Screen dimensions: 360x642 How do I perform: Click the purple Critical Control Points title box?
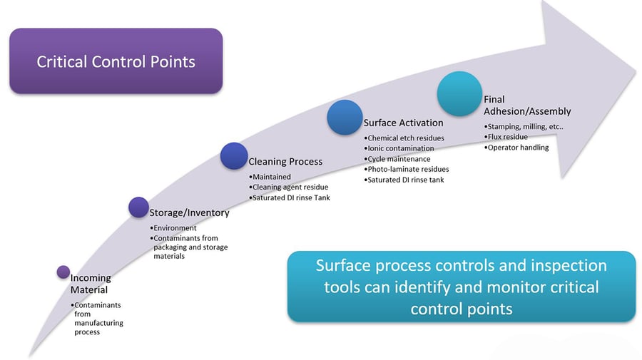[x=116, y=61]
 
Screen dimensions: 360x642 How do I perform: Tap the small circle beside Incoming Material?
[x=63, y=272]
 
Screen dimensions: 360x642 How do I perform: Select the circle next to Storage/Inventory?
[x=138, y=207]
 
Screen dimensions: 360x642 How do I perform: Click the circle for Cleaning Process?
[x=233, y=156]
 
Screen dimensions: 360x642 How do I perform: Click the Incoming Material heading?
[x=91, y=284]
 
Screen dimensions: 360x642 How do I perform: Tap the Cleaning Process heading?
[x=285, y=162]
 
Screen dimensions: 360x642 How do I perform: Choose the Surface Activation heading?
[x=403, y=123]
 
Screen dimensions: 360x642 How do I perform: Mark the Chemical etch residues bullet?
[x=404, y=138]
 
